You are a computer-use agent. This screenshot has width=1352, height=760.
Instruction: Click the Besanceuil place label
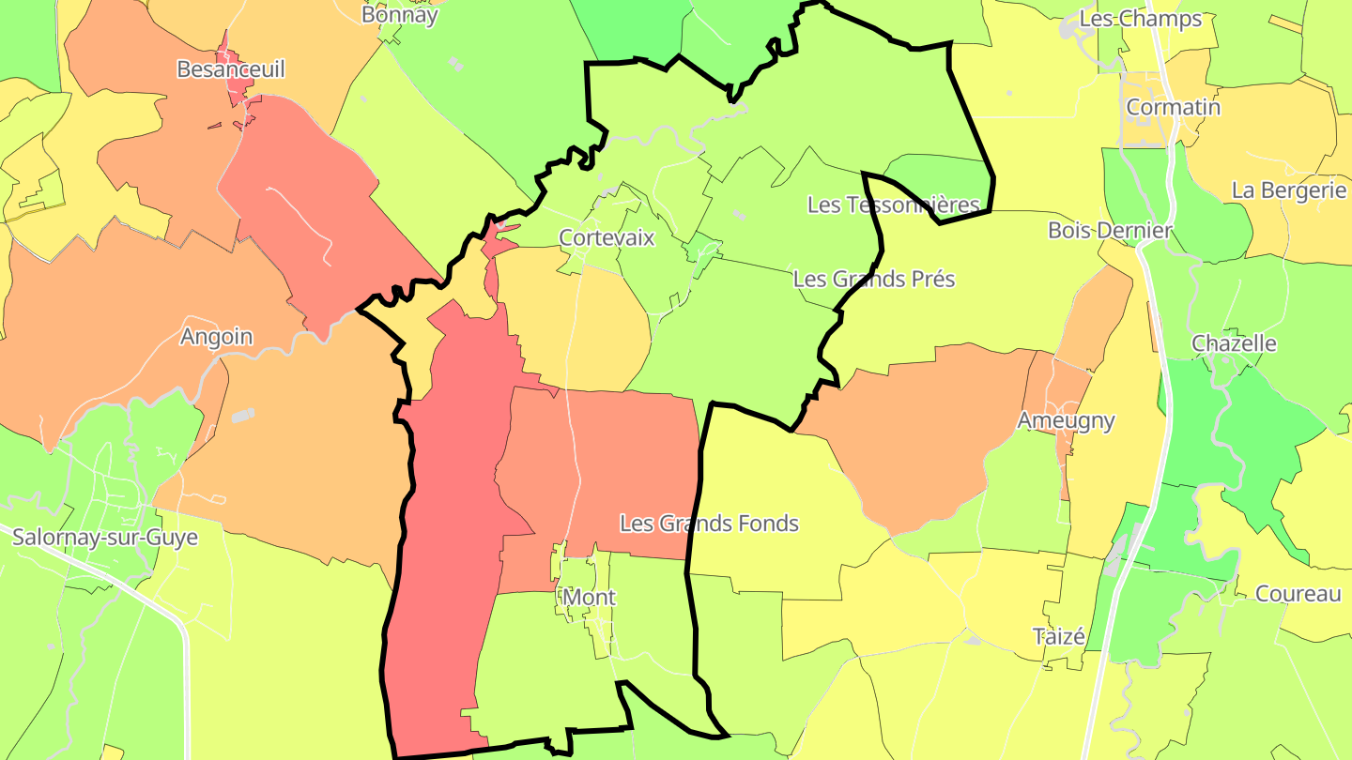pos(230,69)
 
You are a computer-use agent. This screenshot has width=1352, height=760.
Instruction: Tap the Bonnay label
pos(400,15)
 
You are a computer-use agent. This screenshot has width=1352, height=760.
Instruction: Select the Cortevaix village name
pos(607,237)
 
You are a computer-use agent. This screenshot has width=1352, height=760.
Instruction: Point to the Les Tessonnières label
pos(893,205)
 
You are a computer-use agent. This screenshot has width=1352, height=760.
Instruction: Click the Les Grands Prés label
pos(873,279)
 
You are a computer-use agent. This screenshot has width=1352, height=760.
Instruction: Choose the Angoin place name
pos(216,337)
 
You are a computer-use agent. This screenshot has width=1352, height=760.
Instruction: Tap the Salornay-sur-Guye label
pos(105,538)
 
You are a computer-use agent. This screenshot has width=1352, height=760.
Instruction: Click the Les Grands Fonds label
pos(709,524)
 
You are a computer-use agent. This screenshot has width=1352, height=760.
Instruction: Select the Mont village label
pos(589,597)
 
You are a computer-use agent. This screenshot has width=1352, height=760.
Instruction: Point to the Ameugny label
pos(1066,420)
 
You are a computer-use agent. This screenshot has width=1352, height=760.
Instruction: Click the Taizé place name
pos(1059,637)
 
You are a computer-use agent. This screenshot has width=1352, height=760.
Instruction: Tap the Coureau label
pos(1298,594)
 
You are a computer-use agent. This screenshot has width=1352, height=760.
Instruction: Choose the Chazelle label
pos(1234,343)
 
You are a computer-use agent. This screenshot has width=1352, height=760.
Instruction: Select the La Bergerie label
pos(1289,190)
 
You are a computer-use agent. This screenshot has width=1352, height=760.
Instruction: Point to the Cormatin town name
pos(1174,107)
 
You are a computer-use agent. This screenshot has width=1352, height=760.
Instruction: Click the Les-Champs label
pos(1140,19)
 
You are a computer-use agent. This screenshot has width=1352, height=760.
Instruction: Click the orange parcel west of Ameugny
pos(929,432)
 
